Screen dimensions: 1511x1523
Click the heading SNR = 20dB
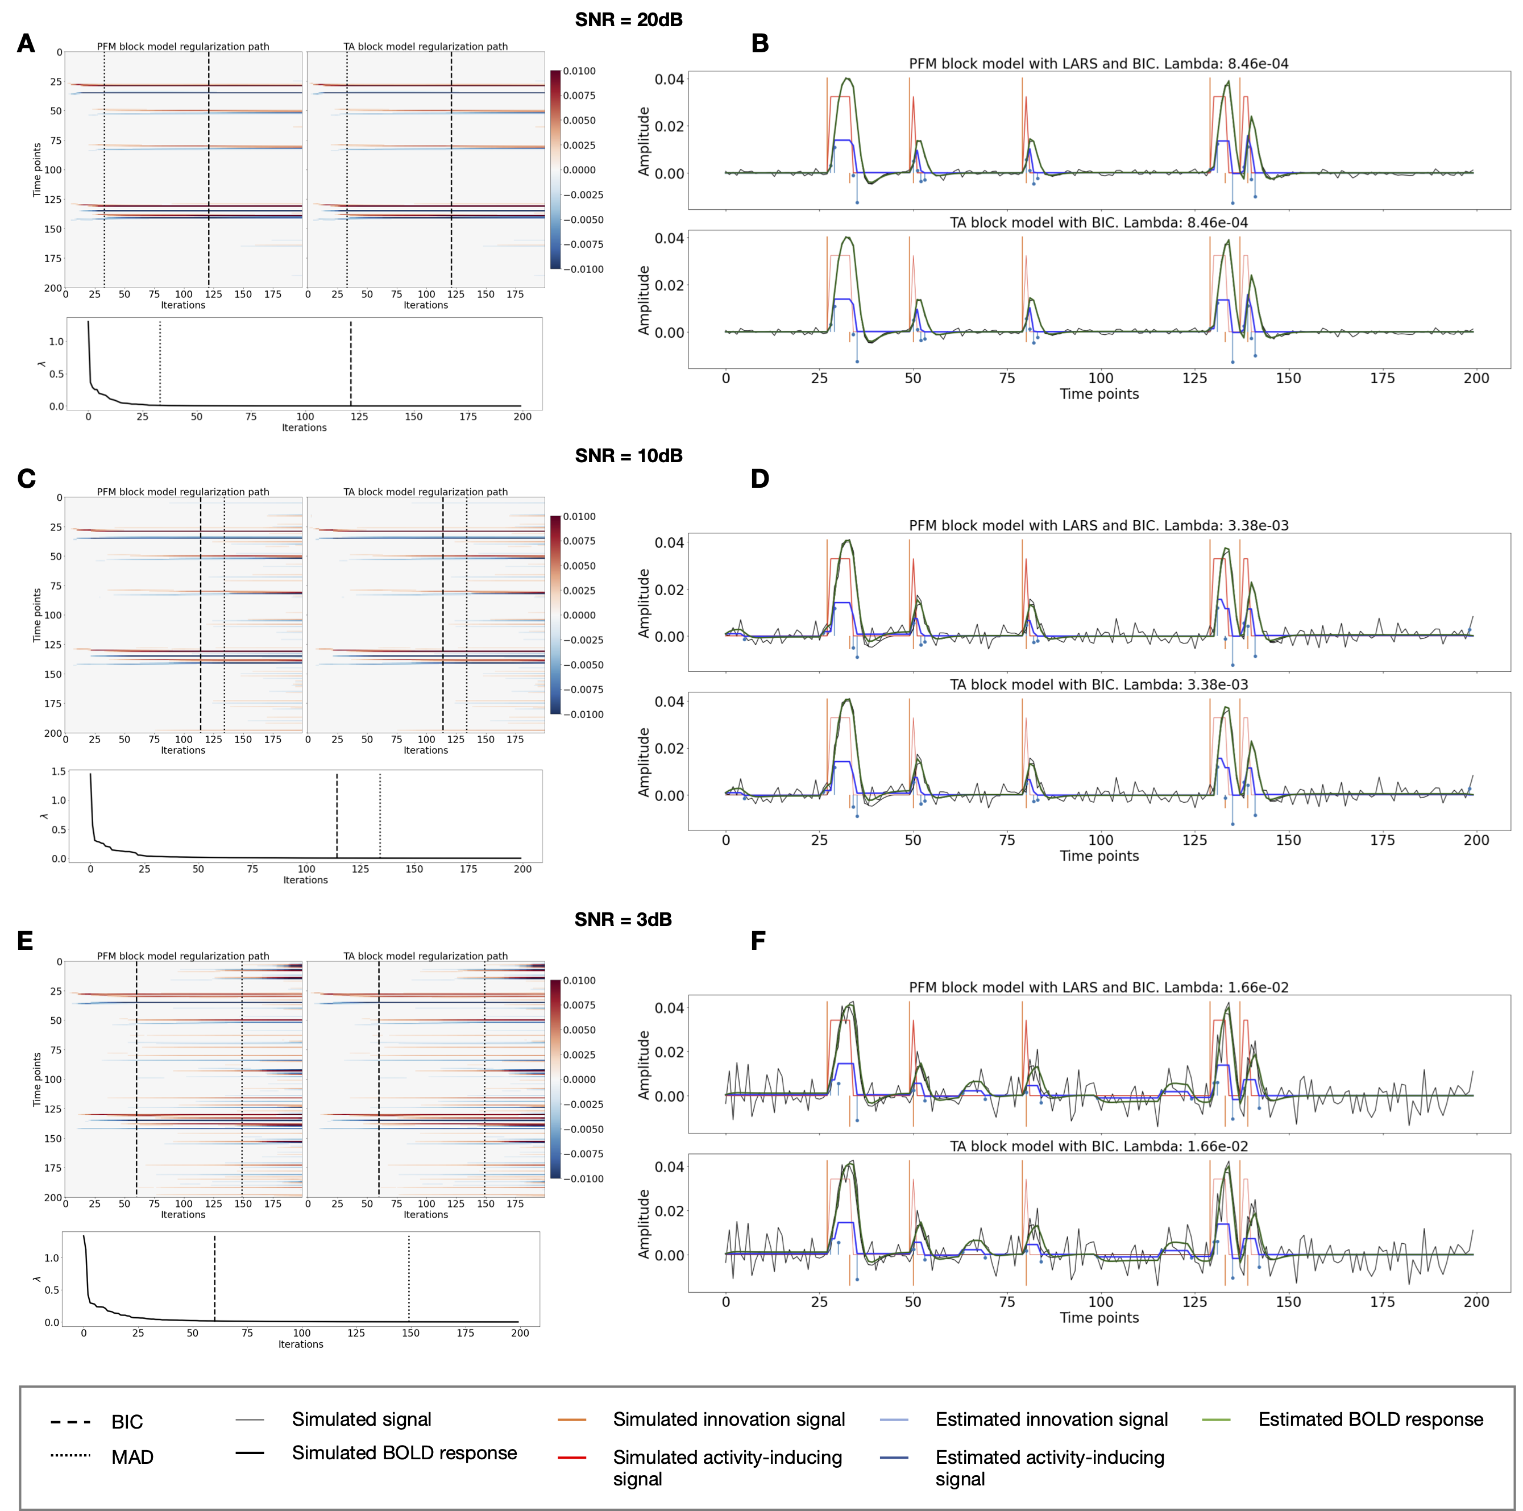(x=628, y=20)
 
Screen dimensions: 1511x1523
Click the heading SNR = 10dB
(x=628, y=455)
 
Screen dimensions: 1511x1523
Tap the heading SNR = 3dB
(x=623, y=919)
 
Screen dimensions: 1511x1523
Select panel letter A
(x=26, y=43)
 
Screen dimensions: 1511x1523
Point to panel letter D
(x=759, y=479)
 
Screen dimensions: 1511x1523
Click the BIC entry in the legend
(x=126, y=1422)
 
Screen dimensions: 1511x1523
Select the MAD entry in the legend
(x=132, y=1456)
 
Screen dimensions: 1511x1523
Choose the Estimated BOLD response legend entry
(x=1370, y=1419)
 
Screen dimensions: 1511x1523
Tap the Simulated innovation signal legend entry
(x=728, y=1419)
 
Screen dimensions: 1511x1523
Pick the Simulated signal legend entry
(x=361, y=1419)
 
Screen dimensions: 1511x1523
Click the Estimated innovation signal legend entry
(x=1051, y=1419)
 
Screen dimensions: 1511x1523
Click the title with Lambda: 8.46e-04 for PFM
(x=1098, y=64)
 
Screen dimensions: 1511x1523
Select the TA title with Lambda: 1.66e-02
(x=1098, y=1146)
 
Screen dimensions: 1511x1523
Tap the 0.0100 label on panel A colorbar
(x=579, y=71)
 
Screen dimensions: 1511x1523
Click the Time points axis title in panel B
(x=1099, y=393)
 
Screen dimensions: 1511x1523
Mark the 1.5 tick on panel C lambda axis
(x=59, y=771)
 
